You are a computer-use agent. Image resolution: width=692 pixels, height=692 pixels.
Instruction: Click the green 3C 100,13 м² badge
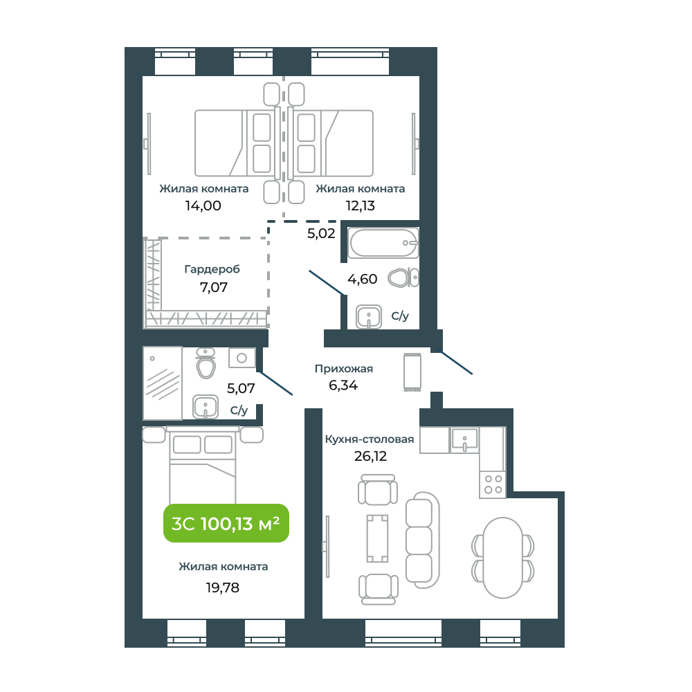pos(226,523)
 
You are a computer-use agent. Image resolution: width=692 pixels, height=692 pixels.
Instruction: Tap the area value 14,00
pos(203,206)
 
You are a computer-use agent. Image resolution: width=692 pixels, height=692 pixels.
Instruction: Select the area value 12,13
pos(360,206)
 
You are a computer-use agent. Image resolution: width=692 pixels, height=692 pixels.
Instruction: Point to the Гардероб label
pos(212,269)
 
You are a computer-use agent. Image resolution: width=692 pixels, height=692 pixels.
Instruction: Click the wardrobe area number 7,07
pos(214,287)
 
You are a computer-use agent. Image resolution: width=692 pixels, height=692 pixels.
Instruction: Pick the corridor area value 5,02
pos(321,233)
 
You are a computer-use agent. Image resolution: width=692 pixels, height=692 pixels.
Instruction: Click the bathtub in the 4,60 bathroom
pos(383,242)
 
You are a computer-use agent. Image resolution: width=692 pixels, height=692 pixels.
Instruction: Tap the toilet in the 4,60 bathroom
pos(403,278)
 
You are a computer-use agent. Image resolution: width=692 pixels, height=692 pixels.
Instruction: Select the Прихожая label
pos(344,369)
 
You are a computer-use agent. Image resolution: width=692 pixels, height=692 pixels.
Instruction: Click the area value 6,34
pos(343,385)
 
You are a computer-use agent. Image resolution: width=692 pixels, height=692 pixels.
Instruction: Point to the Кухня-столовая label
pos(370,439)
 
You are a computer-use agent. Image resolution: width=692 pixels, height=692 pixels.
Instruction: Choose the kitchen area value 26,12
pos(370,456)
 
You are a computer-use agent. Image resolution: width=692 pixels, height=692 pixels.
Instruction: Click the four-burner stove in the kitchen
pos(493,484)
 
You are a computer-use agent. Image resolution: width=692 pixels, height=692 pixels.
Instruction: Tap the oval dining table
pos(502,558)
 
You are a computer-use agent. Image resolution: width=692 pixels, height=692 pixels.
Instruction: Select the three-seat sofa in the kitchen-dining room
pos(422,540)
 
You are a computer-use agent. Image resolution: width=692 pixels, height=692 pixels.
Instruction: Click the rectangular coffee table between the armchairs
pos(377,538)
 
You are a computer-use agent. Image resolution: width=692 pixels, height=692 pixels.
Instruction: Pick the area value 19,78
pos(222,588)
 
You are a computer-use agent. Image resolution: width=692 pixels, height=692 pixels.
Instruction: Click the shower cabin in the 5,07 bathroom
pos(163,383)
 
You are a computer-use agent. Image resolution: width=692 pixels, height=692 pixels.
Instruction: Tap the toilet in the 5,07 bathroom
pos(206,363)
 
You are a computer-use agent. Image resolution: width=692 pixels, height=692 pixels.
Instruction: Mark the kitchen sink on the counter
pos(464,440)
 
